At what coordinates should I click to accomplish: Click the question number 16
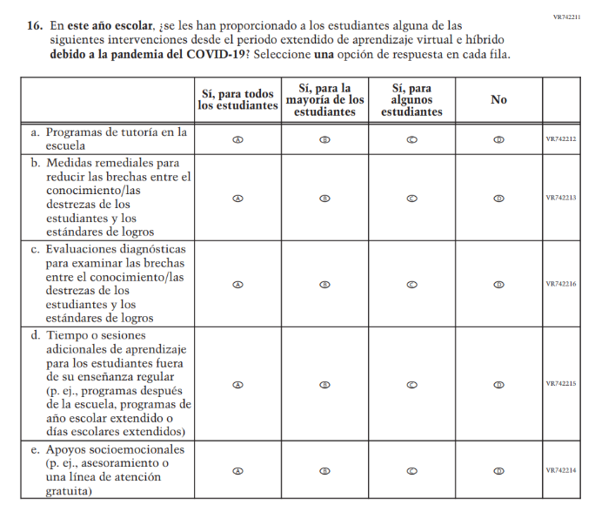[34, 27]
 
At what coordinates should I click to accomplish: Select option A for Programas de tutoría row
[237, 139]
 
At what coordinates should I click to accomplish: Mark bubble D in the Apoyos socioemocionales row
[498, 470]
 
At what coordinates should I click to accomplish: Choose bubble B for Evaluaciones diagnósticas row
[324, 284]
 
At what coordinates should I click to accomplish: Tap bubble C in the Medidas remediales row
[411, 198]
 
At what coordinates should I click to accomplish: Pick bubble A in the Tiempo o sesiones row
[237, 384]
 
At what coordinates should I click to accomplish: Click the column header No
[498, 100]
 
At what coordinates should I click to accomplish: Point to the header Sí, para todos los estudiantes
[236, 100]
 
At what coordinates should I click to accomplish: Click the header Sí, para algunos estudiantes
[411, 100]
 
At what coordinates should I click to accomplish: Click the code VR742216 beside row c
[561, 284]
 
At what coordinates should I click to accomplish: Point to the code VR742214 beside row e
[561, 470]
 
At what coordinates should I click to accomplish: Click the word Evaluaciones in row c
[86, 249]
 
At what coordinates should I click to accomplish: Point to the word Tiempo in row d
[67, 335]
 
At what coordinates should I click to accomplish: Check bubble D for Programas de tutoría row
[498, 139]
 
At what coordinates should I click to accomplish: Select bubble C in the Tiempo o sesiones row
[411, 384]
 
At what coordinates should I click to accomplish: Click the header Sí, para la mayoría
[324, 100]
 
